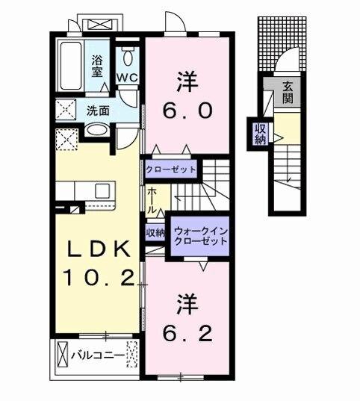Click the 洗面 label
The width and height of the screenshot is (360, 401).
[96, 111]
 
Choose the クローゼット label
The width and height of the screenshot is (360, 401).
[171, 170]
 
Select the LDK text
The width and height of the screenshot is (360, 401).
[95, 249]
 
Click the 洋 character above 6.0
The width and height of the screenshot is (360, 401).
[187, 78]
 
